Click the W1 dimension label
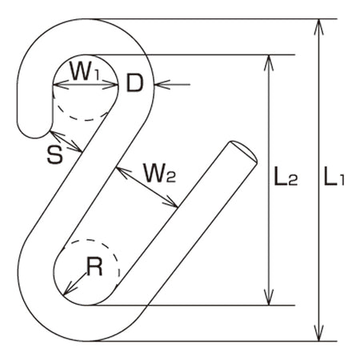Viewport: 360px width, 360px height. (x=85, y=70)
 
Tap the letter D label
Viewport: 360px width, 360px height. (x=134, y=83)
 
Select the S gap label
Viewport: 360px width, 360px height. (x=55, y=155)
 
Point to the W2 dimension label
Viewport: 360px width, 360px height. (x=159, y=173)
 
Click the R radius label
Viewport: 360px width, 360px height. (x=94, y=267)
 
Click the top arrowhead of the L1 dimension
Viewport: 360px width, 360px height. (x=318, y=27)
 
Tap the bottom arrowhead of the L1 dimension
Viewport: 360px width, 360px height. (x=318, y=334)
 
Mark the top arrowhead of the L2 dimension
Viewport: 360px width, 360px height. (x=269, y=62)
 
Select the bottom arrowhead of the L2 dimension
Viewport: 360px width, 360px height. (x=269, y=298)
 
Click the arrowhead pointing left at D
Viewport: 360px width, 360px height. (x=162, y=85)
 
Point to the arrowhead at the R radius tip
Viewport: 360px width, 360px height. (x=70, y=288)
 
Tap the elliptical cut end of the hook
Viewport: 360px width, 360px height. (x=244, y=150)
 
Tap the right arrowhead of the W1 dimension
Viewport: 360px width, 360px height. (x=110, y=85)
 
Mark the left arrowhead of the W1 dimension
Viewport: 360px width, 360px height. (x=61, y=85)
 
